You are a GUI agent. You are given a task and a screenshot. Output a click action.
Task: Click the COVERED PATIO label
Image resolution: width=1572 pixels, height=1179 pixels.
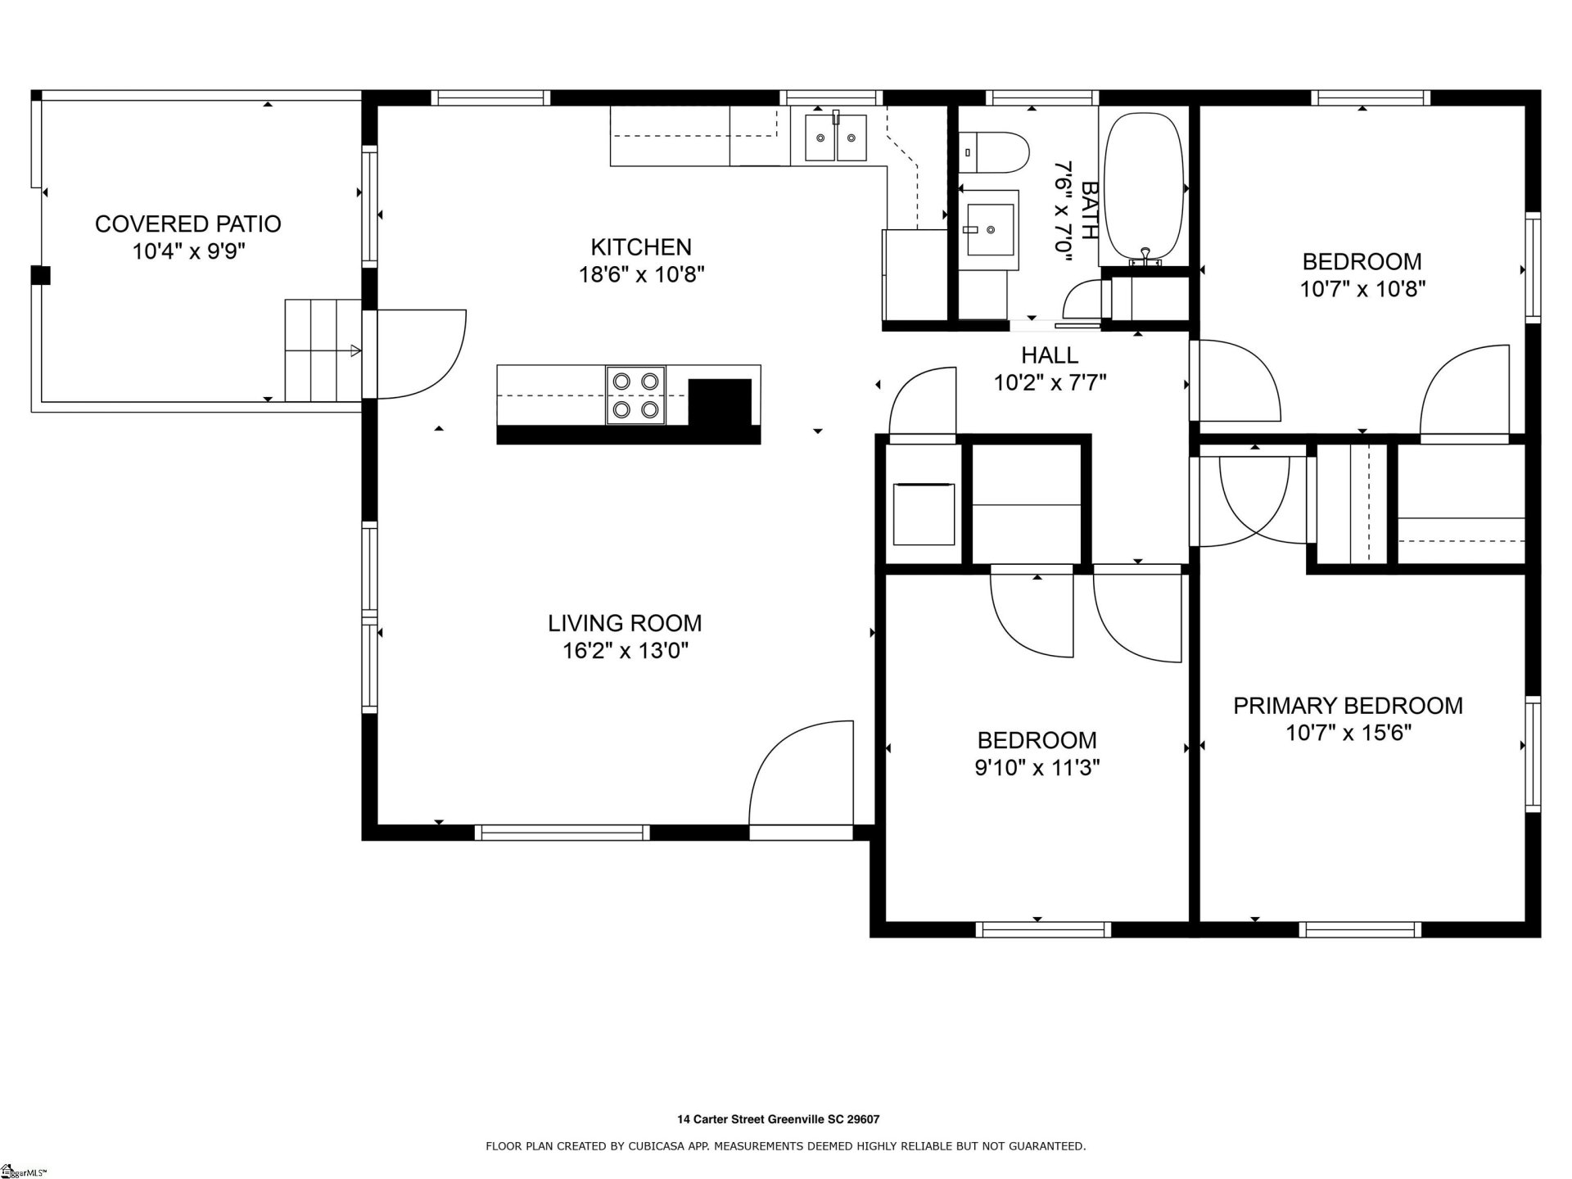(x=187, y=224)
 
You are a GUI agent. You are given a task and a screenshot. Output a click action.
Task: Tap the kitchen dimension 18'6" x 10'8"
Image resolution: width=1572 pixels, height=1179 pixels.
(x=641, y=274)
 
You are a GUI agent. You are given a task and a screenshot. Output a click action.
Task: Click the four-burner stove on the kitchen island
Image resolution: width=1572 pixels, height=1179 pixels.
(x=635, y=395)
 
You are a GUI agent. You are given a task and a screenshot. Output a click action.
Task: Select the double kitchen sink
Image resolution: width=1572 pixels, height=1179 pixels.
(x=835, y=138)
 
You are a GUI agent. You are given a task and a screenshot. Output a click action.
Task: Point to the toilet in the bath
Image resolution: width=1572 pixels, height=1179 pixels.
(x=993, y=152)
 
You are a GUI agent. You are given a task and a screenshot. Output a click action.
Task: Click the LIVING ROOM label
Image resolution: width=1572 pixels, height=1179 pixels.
(x=625, y=623)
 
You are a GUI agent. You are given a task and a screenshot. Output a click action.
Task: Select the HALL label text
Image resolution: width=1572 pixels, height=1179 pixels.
(x=1049, y=355)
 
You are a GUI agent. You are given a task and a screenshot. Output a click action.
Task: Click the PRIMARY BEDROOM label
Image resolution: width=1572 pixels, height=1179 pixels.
(x=1348, y=706)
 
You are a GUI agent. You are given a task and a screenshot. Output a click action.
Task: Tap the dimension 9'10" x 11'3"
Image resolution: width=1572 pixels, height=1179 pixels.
(x=1037, y=768)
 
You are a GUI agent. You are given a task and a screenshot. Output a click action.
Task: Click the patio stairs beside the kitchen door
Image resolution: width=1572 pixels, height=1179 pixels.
(x=322, y=350)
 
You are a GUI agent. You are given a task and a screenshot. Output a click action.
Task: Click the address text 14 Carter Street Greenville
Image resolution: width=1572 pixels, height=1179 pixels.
(x=778, y=1119)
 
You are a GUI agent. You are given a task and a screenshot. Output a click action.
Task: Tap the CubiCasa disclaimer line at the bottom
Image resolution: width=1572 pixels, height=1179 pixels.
(x=785, y=1146)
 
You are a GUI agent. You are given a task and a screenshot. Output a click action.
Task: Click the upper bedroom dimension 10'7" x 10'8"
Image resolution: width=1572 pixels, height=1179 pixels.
(x=1362, y=289)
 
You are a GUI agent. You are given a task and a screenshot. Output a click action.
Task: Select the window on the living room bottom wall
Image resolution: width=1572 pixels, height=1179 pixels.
(x=562, y=833)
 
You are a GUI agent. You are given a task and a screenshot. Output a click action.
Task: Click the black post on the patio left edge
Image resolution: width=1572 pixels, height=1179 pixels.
(x=40, y=276)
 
